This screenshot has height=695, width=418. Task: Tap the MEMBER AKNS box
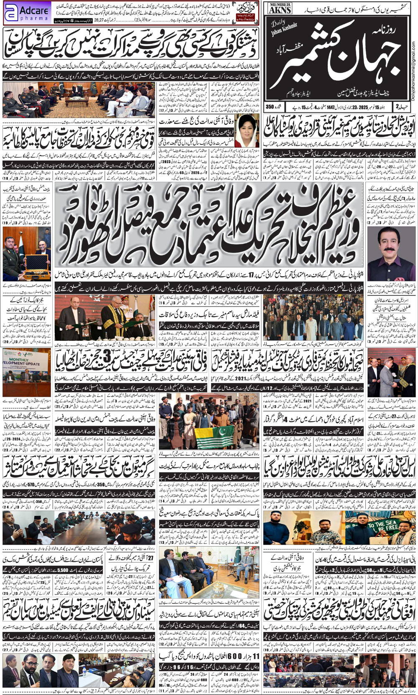point(280,8)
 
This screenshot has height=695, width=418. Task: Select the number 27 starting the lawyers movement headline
point(150,558)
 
